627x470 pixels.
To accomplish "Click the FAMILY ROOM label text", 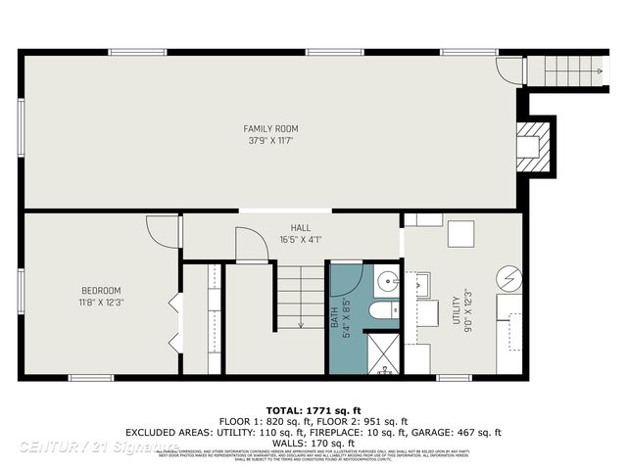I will (271, 128).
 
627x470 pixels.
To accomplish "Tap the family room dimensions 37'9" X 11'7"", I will (271, 141).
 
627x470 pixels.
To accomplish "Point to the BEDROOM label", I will (101, 290).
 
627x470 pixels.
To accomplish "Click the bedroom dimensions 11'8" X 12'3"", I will (101, 302).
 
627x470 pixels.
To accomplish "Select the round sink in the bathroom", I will (388, 283).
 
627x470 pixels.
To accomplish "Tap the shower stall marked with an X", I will (382, 352).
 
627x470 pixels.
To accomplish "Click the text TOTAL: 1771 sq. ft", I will (313, 409).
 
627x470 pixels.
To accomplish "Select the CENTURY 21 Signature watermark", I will (98, 446).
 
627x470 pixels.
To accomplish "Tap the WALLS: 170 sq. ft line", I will (313, 442).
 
